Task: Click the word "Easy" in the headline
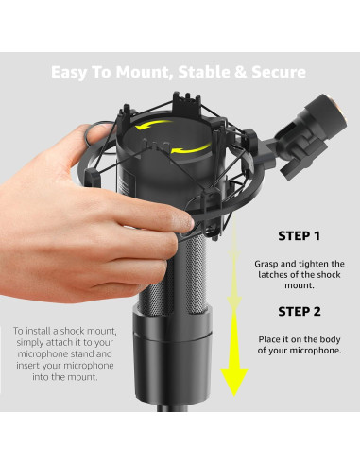click(69, 73)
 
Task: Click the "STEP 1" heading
click(299, 236)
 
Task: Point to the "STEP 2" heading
click(300, 312)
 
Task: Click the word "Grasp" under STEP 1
click(266, 264)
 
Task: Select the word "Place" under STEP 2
click(269, 339)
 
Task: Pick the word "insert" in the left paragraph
click(27, 366)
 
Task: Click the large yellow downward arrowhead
click(234, 382)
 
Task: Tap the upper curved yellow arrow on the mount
click(153, 125)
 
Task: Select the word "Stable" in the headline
click(204, 72)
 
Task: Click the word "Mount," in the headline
click(144, 73)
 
